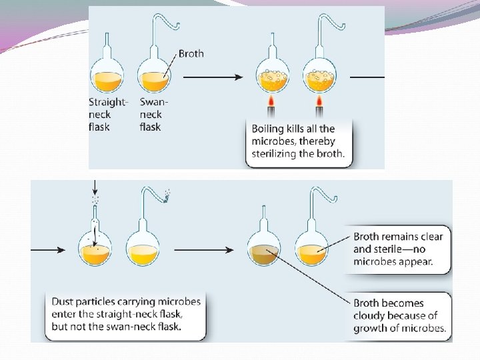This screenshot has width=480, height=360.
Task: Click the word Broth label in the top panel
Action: [x=191, y=53]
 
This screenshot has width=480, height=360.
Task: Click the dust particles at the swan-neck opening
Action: [x=166, y=195]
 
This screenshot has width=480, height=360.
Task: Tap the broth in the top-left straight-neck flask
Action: [x=107, y=81]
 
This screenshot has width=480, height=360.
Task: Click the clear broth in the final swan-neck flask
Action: [x=311, y=254]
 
